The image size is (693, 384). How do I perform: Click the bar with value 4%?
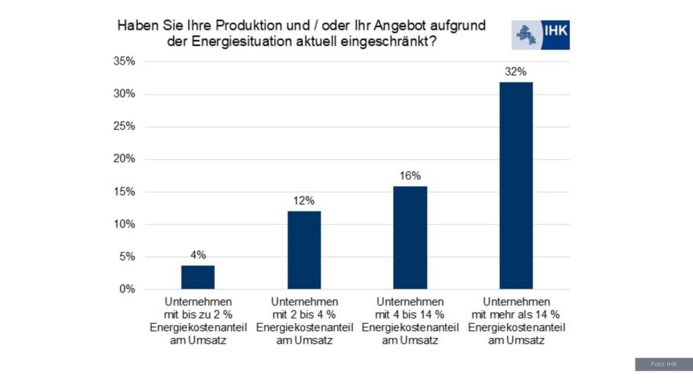[198, 277]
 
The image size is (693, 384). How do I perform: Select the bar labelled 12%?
[304, 250]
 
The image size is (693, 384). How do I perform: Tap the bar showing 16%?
[410, 238]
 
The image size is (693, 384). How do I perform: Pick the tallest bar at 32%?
[516, 186]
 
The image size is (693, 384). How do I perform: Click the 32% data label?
[516, 72]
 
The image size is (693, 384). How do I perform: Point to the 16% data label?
[410, 176]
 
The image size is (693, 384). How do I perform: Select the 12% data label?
[304, 201]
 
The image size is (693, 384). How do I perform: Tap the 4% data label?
[198, 255]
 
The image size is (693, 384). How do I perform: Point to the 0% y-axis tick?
[127, 290]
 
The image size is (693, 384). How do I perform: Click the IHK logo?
[541, 34]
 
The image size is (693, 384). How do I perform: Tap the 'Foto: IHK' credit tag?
[663, 364]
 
